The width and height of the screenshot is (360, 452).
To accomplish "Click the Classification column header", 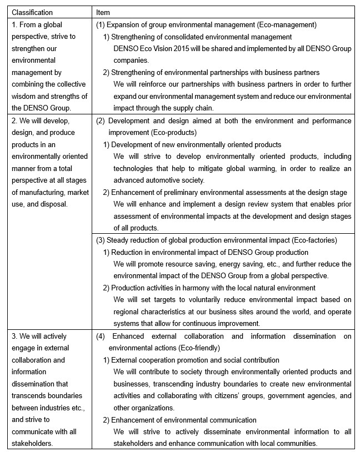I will (x=32, y=12).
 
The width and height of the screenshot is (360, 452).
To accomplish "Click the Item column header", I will (x=103, y=12).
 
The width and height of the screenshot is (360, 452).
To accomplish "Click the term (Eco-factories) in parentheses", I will (x=309, y=240).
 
